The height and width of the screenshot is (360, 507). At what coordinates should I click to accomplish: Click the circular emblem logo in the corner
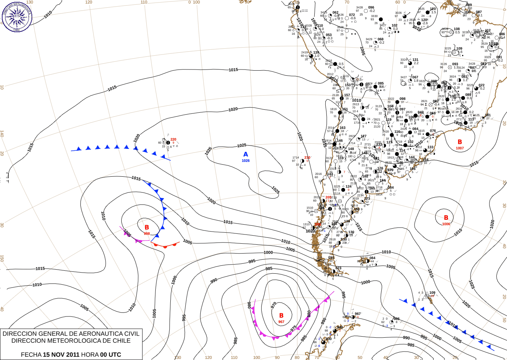coord(17,16)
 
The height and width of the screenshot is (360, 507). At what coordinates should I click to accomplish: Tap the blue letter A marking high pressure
coord(246,154)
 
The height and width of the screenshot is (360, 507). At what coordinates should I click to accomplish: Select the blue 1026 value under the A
coord(246,161)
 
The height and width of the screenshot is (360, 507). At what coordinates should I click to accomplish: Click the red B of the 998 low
coord(147,228)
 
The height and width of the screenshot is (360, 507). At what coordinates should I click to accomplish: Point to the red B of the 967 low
coord(281,315)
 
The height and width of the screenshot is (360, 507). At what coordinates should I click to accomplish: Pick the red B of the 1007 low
coord(460,142)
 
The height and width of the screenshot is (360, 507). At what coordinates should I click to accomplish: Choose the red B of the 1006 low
coord(446,218)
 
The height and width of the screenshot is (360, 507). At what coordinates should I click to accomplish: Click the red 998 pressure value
coord(147,233)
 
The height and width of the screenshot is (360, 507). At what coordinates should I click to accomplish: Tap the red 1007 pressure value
coord(460,148)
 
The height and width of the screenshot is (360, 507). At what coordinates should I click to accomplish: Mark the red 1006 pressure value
coord(446,224)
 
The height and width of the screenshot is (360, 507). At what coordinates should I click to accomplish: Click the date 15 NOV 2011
coord(61,355)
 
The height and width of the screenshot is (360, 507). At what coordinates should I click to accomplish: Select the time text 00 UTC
coord(111,355)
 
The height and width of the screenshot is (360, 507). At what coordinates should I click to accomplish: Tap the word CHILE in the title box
coord(121,341)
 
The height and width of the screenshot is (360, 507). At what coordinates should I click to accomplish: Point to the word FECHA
coord(31,355)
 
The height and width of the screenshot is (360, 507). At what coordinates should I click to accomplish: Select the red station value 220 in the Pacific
coord(173,139)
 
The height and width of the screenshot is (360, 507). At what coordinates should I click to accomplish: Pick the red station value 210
coord(307,158)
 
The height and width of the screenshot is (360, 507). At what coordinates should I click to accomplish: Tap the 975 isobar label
coord(294,329)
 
